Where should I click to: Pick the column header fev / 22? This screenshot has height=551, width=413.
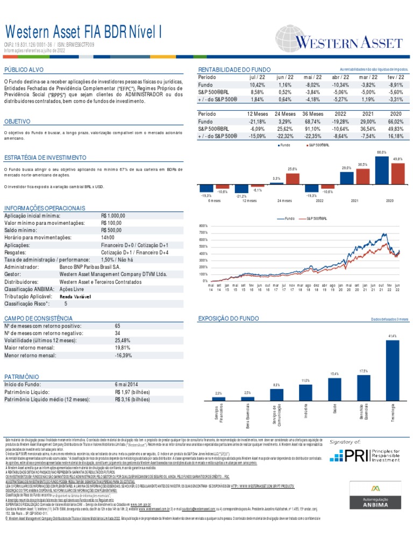point(395,77)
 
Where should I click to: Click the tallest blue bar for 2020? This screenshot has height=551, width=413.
point(382,171)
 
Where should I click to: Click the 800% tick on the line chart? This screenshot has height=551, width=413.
point(203,226)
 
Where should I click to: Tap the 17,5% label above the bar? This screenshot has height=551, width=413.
point(363,371)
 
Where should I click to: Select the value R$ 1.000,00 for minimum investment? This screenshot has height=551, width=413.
point(113,215)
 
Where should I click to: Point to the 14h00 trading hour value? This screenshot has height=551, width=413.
point(108,237)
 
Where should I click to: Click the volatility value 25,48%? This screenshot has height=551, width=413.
point(123,341)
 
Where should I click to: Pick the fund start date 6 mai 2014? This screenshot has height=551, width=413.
point(127,384)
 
